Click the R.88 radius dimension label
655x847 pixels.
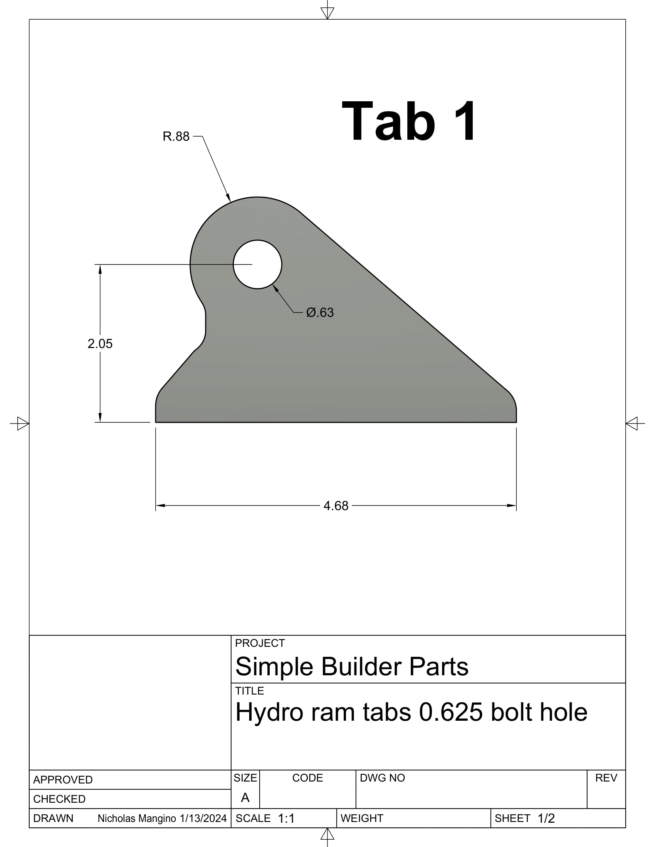[176, 137]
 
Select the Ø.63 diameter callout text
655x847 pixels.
[320, 313]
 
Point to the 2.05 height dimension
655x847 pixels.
[100, 343]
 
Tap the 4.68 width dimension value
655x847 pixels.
[336, 506]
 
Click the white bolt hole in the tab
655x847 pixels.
[257, 264]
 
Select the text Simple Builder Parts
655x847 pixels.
[351, 667]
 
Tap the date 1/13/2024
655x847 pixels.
[203, 819]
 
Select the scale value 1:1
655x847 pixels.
[286, 819]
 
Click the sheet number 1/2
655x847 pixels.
[546, 819]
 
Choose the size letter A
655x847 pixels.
[245, 798]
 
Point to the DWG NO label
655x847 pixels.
[382, 778]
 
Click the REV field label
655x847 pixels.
[606, 778]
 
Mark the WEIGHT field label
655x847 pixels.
[362, 819]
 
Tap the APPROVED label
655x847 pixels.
[63, 780]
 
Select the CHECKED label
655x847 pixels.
[59, 799]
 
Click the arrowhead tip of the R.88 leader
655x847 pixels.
[230, 201]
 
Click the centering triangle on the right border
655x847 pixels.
[632, 423]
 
